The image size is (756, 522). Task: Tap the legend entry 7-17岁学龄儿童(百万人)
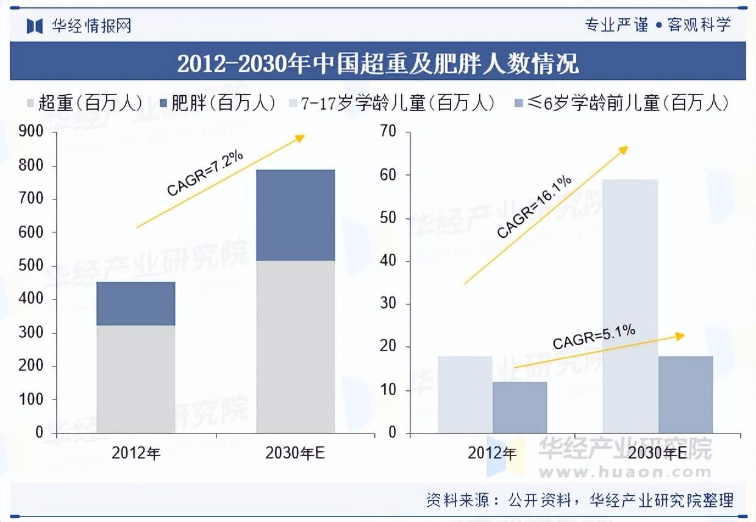[390, 103]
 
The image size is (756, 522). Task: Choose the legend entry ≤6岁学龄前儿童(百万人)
[622, 103]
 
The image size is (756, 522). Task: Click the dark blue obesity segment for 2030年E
[295, 215]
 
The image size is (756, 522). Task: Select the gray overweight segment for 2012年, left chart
[135, 378]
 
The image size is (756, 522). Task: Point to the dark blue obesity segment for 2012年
[135, 303]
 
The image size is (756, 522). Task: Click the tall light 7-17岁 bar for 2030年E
[630, 305]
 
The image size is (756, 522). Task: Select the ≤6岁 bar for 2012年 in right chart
[519, 407]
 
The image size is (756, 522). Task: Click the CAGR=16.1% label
[534, 206]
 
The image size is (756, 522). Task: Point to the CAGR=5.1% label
[594, 337]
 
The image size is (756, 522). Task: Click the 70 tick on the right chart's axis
[388, 132]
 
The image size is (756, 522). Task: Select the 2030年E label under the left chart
[295, 454]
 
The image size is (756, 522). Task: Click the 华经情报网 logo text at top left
[91, 26]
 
